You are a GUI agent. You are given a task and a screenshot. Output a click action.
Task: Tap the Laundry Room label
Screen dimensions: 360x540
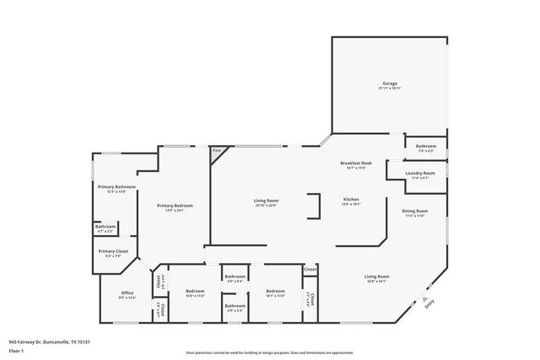pos(418,174)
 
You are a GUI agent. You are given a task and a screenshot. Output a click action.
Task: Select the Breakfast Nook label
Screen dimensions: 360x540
pos(352,163)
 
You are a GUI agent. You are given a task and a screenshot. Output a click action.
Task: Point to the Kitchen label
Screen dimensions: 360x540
pos(351,199)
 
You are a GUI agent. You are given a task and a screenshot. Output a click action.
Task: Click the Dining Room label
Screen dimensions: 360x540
pos(415,211)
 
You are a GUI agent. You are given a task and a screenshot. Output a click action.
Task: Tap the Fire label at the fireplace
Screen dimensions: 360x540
pos(216,151)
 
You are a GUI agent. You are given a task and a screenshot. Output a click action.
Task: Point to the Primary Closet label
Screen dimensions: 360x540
pos(112,250)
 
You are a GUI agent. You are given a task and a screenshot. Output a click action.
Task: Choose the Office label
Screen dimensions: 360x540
pos(127,293)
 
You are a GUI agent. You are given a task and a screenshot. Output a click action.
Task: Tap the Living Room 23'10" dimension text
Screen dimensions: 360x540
pos(266,205)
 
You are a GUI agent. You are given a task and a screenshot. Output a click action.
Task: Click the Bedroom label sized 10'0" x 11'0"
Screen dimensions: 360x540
pos(196,292)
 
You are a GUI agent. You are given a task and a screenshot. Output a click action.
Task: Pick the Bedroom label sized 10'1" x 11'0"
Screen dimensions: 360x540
pos(276,292)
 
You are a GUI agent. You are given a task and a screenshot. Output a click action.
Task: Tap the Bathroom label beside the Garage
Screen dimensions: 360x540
pos(425,147)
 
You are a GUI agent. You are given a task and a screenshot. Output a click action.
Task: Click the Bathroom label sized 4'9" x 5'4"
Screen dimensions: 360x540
pos(235,277)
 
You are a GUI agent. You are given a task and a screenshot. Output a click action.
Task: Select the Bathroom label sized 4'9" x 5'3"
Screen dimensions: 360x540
pos(235,306)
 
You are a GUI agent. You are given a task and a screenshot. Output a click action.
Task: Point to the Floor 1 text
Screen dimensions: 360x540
pos(16,349)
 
